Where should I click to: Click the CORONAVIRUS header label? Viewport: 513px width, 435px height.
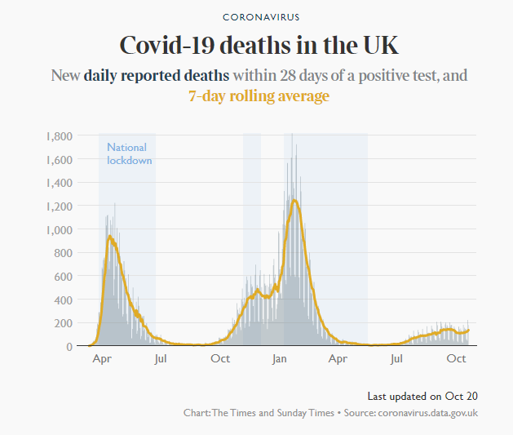click(261, 17)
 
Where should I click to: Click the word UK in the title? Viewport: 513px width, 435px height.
click(381, 45)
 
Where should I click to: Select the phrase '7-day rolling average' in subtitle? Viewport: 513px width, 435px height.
click(259, 96)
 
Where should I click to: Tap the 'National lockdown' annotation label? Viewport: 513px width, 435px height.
click(129, 153)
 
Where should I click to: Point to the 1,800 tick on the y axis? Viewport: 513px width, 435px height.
click(60, 136)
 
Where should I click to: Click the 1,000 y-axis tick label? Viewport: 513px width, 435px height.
click(60, 230)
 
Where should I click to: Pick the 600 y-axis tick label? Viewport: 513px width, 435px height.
click(63, 277)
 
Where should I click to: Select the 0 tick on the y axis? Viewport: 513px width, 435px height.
click(69, 347)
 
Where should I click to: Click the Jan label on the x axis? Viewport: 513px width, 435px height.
click(280, 359)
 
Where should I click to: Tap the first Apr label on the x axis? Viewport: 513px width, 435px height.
click(102, 359)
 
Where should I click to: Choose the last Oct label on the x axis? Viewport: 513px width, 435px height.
click(456, 359)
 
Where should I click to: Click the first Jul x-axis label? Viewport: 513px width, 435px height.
click(161, 359)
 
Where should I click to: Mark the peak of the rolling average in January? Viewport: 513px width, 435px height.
click(294, 200)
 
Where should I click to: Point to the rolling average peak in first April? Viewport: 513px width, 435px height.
click(109, 237)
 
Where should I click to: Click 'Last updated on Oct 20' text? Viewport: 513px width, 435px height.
click(422, 397)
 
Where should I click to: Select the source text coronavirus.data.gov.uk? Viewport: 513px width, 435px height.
click(427, 413)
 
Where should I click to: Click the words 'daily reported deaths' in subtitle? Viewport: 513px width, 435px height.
click(157, 76)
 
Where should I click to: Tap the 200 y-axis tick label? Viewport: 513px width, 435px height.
click(63, 323)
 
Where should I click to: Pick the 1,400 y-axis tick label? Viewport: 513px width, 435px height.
click(60, 183)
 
